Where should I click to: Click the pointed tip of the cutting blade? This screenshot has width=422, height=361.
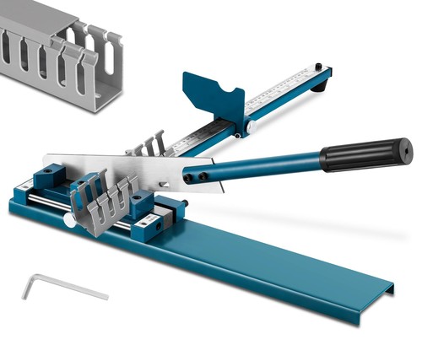point(46,157)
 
